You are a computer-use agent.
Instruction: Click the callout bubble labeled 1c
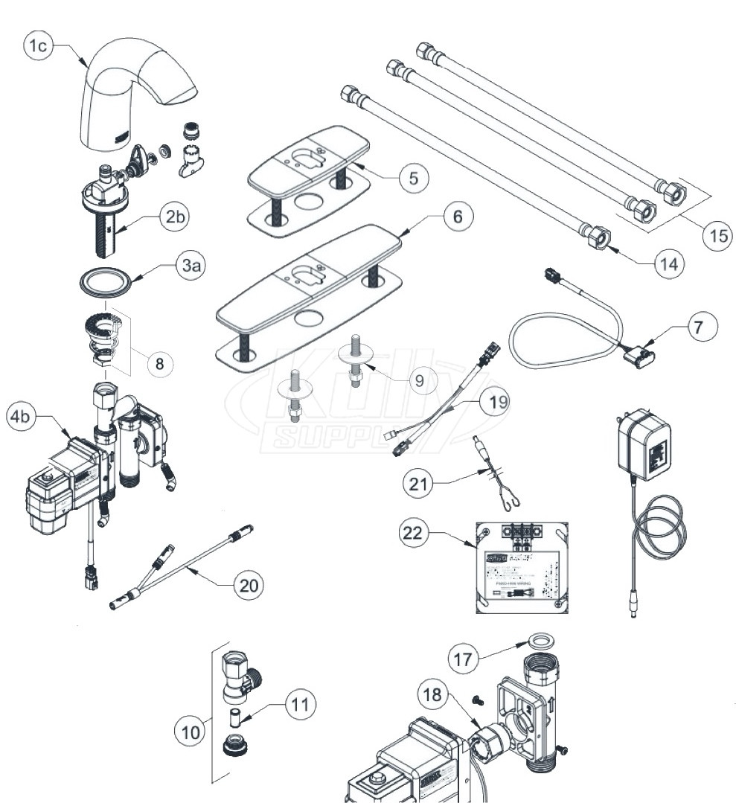point(37,46)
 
